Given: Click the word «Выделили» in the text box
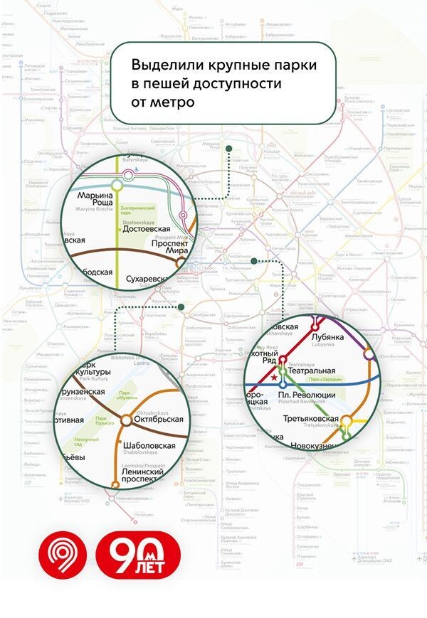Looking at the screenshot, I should tap(165, 65).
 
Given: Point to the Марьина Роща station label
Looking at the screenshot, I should tap(95, 200).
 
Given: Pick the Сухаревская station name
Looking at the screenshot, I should tap(148, 279).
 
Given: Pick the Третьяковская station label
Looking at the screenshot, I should tap(310, 419).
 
